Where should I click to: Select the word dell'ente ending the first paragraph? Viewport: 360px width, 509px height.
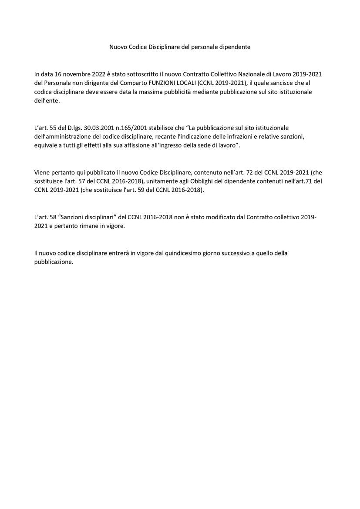(x=47, y=100)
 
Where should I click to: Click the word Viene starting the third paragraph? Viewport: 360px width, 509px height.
(x=42, y=173)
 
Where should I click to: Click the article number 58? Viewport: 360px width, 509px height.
(x=54, y=217)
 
